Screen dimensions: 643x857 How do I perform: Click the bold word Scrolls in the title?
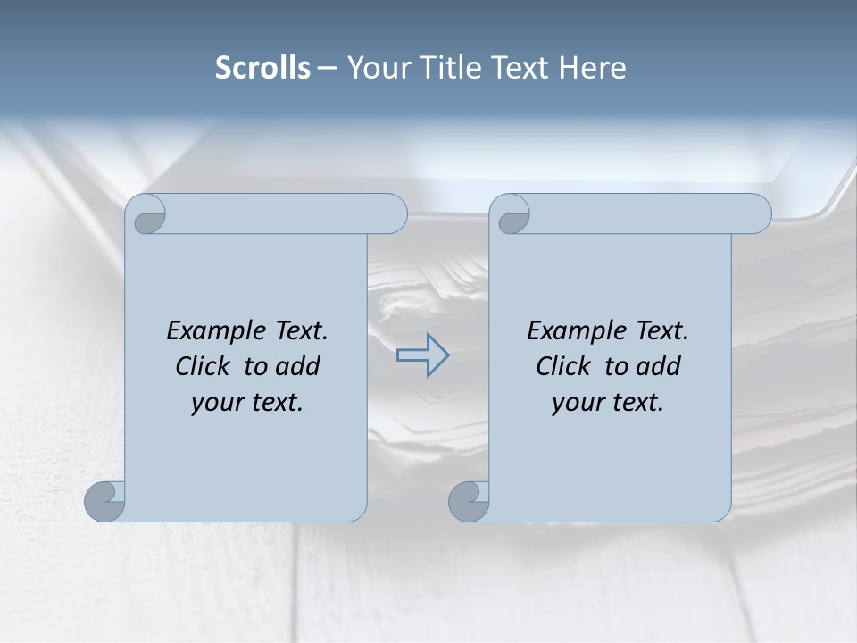click(262, 68)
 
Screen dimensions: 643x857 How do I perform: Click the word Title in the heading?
click(445, 68)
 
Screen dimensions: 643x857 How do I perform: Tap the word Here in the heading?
click(593, 68)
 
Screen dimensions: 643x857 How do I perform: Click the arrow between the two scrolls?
click(422, 355)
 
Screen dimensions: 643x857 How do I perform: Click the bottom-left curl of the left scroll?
click(105, 501)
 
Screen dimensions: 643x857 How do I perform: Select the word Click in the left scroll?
click(204, 366)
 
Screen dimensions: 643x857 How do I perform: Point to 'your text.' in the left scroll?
click(247, 402)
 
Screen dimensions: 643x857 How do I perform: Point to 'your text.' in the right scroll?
click(608, 402)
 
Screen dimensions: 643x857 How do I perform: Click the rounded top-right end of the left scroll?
click(393, 214)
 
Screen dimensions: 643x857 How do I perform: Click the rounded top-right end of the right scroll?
click(757, 214)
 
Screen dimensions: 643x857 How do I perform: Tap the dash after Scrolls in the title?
click(328, 69)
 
